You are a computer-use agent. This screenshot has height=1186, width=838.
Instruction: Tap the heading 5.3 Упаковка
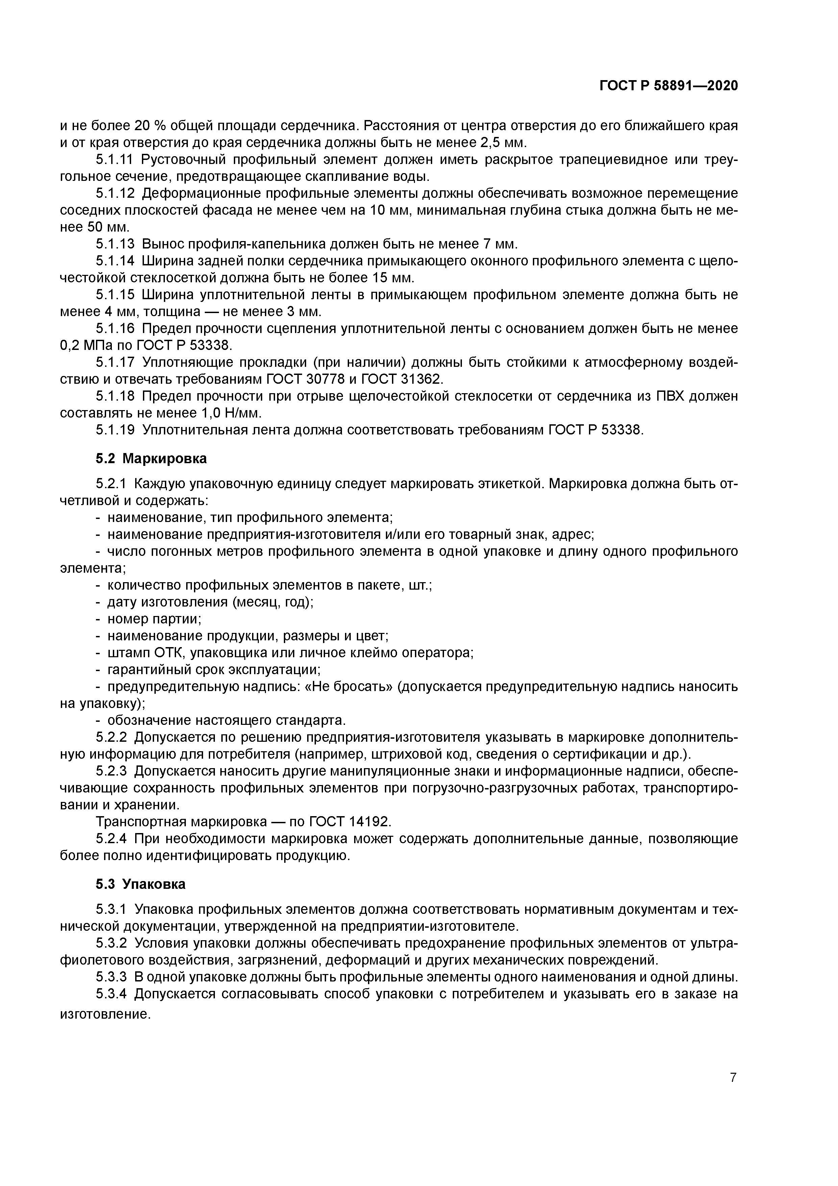(x=140, y=884)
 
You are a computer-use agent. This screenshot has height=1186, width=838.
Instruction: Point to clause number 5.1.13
(x=115, y=244)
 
